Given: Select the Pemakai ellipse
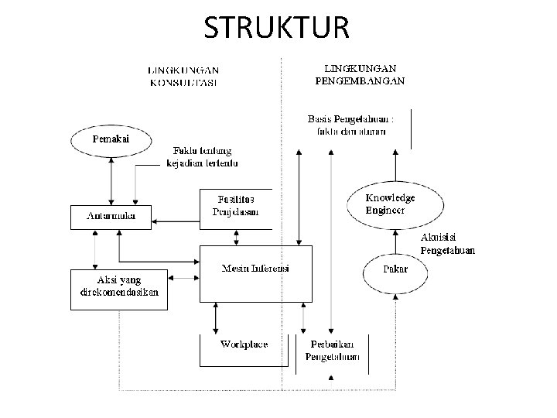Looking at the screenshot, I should click(x=111, y=139).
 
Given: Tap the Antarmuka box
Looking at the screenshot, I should click(x=111, y=217).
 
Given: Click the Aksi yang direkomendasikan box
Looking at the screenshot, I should click(x=118, y=288).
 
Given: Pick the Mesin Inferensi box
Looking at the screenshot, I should click(x=255, y=273).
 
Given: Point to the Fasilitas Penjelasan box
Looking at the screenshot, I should click(x=236, y=207).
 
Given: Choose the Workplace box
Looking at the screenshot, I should click(x=244, y=349).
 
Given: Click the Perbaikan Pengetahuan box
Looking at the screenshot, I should click(x=332, y=351).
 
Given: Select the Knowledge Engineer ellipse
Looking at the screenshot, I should click(x=395, y=204).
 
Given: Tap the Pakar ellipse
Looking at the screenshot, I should click(x=395, y=269).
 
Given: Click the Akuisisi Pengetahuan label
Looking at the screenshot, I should click(x=447, y=243).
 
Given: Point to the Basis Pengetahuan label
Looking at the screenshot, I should click(x=350, y=125).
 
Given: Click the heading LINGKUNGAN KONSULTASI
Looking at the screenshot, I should click(x=183, y=76).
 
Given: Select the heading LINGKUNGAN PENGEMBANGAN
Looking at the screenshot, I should click(x=360, y=74).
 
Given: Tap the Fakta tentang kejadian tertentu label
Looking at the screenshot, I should click(x=203, y=156).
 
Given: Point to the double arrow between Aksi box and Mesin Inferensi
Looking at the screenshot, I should click(x=183, y=278).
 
